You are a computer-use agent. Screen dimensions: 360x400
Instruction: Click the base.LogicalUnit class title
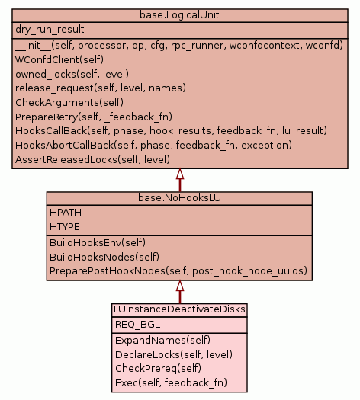[x=179, y=15]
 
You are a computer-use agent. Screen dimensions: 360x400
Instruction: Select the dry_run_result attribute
[x=50, y=30]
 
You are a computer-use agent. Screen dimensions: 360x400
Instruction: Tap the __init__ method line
[x=179, y=46]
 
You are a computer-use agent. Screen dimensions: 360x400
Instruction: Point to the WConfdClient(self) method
[x=59, y=59]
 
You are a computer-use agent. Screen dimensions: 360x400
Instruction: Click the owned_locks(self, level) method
[x=72, y=74]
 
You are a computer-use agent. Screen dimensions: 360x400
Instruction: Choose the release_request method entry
[x=101, y=88]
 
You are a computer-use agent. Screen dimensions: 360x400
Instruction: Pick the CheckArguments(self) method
[x=69, y=103]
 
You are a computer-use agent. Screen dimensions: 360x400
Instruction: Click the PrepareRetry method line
[x=94, y=117]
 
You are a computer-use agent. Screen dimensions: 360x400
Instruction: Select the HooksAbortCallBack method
[x=153, y=146]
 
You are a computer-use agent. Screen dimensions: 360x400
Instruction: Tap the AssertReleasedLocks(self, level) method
[x=93, y=160]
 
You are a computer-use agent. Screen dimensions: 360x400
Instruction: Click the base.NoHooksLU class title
[x=179, y=197]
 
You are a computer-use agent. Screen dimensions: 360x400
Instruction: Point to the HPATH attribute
[x=66, y=213]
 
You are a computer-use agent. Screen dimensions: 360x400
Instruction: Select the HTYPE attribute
[x=65, y=227]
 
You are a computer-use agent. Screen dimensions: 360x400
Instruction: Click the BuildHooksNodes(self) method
[x=104, y=257]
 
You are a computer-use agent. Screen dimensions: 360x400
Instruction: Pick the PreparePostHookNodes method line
[x=178, y=271]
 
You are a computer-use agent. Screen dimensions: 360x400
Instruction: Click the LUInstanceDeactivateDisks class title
[x=179, y=309]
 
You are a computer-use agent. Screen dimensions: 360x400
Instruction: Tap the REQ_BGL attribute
[x=137, y=325]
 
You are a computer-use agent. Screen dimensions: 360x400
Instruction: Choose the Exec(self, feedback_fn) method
[x=171, y=383]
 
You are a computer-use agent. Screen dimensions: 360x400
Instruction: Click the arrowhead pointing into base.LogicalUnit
[x=180, y=174]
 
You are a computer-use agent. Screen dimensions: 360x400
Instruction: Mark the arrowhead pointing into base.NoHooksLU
[x=180, y=286]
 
